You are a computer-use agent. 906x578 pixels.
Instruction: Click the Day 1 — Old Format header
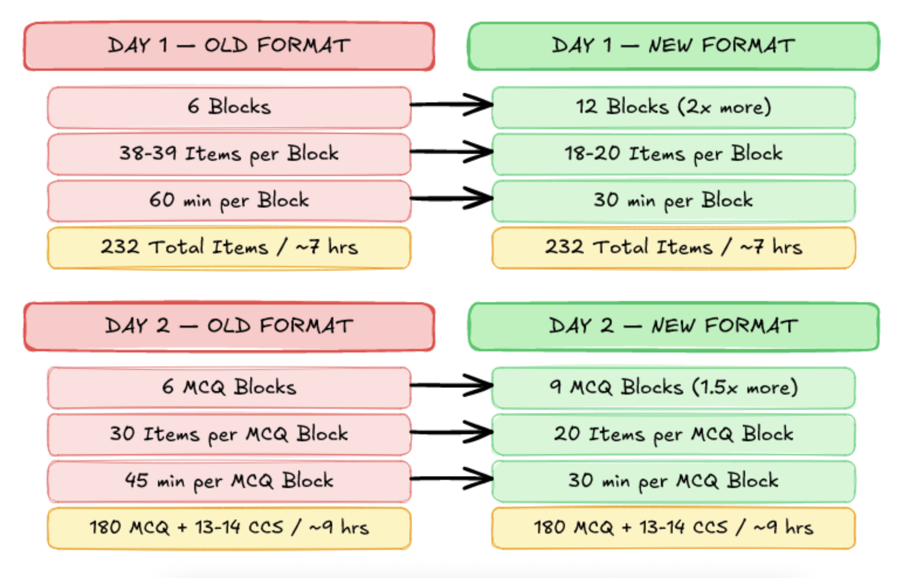tap(229, 46)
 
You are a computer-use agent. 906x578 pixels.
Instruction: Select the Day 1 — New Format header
tap(673, 46)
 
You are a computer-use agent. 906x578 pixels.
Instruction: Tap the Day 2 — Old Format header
tap(229, 326)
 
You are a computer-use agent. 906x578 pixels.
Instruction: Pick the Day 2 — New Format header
tap(673, 326)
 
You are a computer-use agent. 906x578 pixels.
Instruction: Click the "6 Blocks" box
tap(229, 107)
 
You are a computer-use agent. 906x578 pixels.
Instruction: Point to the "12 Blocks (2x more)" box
tap(673, 107)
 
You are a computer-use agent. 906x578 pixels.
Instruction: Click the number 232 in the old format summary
tap(120, 247)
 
